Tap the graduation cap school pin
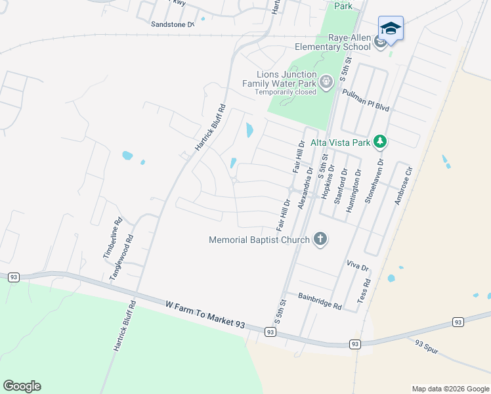391,28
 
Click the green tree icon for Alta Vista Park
379,141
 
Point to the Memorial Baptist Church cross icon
320,239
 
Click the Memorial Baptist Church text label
259,240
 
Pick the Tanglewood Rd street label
123,257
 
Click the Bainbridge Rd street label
320,301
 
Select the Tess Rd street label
364,290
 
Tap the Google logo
22,386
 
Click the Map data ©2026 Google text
450,389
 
